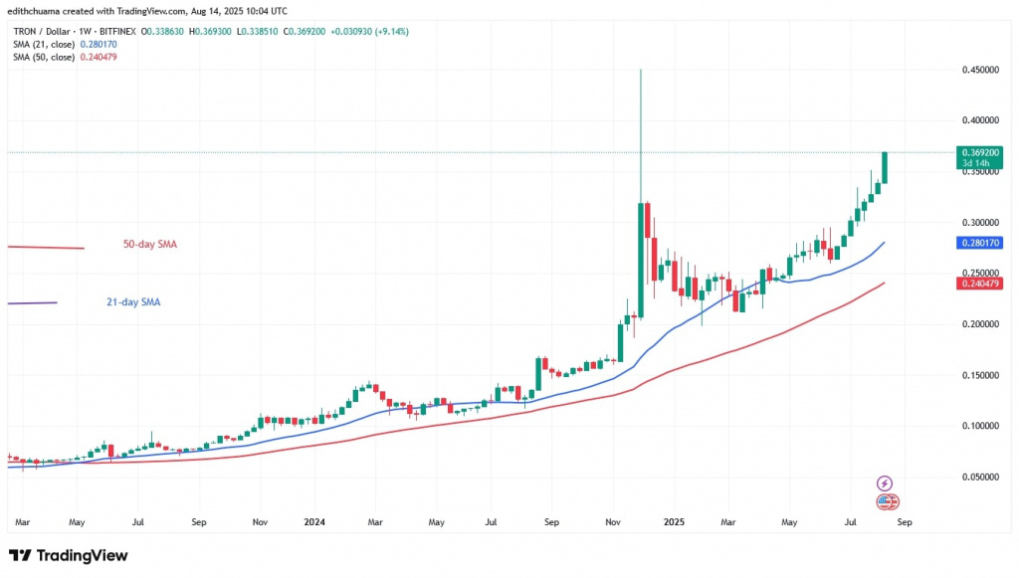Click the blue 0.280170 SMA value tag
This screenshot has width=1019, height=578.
[979, 242]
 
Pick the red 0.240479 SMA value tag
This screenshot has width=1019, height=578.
[979, 284]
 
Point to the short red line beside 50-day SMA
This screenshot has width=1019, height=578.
[46, 247]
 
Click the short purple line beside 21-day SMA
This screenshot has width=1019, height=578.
[32, 303]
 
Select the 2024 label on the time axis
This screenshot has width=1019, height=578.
[315, 520]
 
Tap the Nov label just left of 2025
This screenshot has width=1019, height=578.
[614, 520]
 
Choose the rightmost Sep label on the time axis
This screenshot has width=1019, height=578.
[903, 520]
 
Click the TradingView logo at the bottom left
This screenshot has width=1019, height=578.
[68, 555]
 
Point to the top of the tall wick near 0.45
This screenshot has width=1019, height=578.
[641, 71]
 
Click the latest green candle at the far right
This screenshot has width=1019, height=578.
[885, 167]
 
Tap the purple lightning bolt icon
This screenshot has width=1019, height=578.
[885, 483]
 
